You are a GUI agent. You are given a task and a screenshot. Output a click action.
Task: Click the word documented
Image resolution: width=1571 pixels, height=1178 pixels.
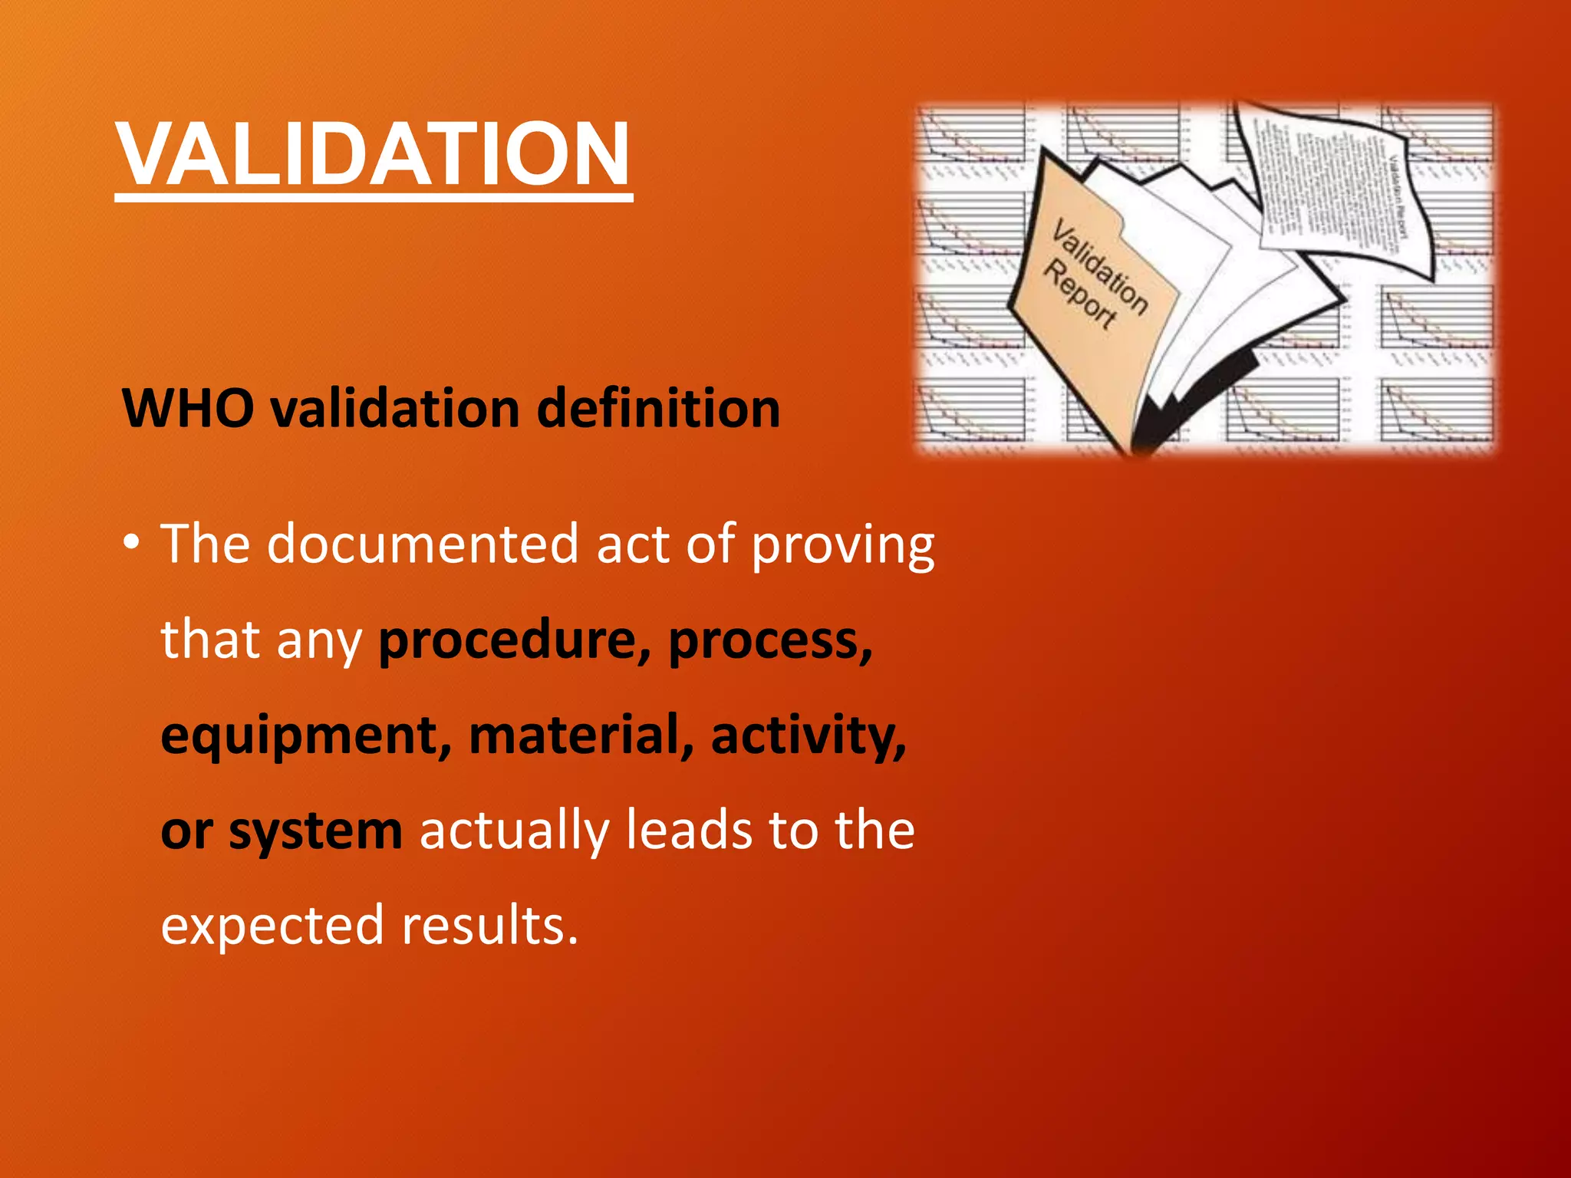coord(423,544)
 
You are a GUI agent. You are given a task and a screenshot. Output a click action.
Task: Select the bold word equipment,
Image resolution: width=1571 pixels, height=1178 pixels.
coord(306,736)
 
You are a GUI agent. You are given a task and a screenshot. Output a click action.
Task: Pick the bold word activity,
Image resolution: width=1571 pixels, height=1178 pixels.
coord(809,736)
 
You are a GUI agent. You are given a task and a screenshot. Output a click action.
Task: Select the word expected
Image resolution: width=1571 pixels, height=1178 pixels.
coord(272,926)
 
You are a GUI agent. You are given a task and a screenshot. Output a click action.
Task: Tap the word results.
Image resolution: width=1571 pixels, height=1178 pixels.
coord(489,925)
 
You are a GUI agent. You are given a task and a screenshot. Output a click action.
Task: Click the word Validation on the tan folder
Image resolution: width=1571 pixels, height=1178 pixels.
coord(1099,267)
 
